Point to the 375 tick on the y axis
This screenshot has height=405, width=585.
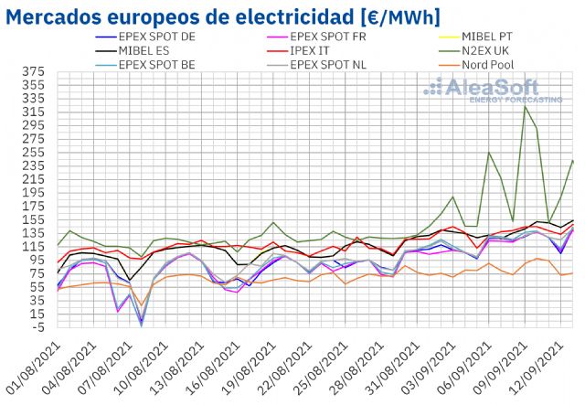click(34, 71)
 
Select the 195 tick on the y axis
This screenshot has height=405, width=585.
click(34, 193)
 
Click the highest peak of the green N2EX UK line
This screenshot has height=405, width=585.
click(525, 106)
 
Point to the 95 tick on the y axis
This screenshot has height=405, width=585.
click(37, 260)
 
